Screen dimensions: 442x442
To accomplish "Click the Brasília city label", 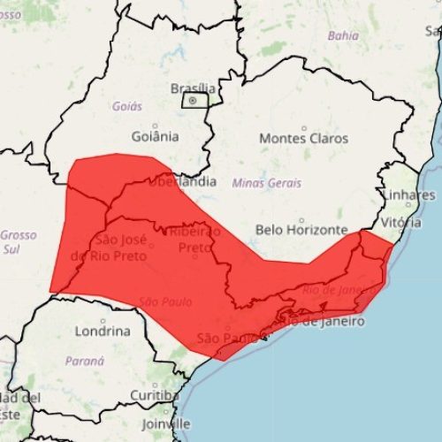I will (x=192, y=88).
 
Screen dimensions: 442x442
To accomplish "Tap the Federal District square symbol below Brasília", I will (x=195, y=102).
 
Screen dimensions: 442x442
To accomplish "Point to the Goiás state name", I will (x=126, y=106).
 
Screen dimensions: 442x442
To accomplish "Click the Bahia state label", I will (x=343, y=36).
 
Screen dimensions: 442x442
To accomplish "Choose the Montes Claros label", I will (x=303, y=139).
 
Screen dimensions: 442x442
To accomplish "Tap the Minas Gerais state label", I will (x=266, y=183).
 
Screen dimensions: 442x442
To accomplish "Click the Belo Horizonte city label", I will (x=301, y=230).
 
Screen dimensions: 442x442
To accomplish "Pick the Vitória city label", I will (x=401, y=223).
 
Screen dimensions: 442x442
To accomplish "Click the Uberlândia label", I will (x=181, y=181).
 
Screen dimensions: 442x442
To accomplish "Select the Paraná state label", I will (x=85, y=362).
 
